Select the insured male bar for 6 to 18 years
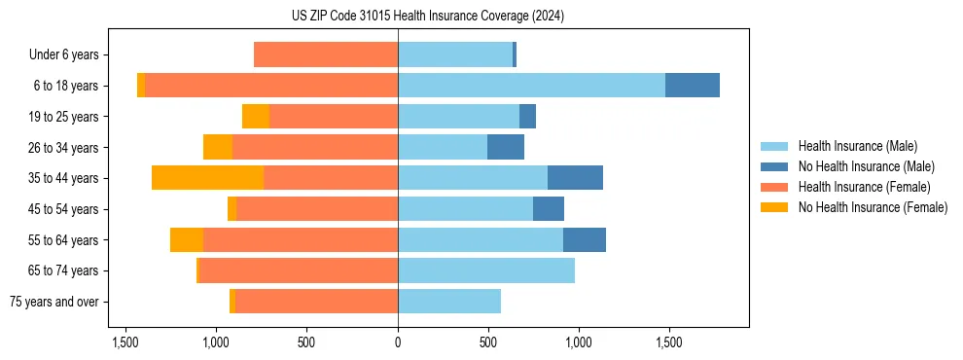coord(531,86)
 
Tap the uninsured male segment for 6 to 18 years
coord(693,86)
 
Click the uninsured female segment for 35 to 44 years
coord(207,178)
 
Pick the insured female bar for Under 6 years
coord(326,54)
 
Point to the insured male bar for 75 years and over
coord(449,302)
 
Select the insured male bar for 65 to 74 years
coord(486,270)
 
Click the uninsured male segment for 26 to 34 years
coord(506,147)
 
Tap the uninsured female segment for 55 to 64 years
coord(187,239)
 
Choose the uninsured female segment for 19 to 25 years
coord(256,117)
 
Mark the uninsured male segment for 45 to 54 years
coord(549,209)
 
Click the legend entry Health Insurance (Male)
coord(857,146)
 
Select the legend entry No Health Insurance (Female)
coord(873,207)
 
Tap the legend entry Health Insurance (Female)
coord(864,187)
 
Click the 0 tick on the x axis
coord(398,342)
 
